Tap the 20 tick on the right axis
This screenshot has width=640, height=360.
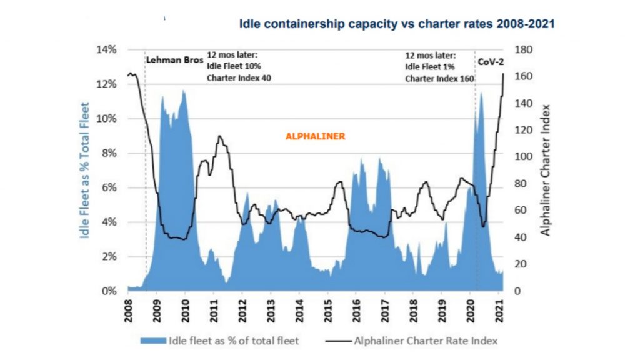click(520, 264)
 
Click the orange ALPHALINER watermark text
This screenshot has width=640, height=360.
click(315, 136)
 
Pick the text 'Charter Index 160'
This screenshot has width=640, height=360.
click(439, 79)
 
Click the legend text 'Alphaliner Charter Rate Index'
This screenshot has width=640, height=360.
click(426, 341)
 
